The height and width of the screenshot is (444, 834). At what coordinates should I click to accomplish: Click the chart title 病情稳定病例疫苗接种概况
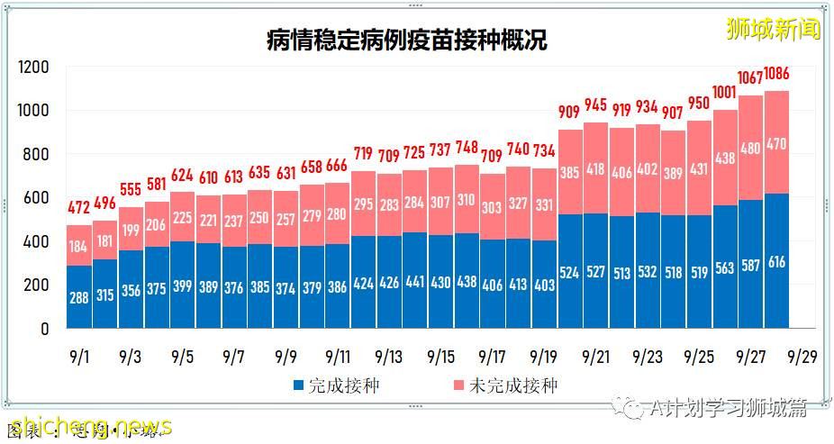pyautogui.click(x=406, y=40)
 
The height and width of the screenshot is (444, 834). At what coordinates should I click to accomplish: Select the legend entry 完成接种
pyautogui.click(x=336, y=385)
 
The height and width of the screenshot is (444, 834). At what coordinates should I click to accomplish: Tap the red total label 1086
pyautogui.click(x=776, y=74)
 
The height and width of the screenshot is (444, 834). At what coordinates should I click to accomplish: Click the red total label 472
pyautogui.click(x=79, y=209)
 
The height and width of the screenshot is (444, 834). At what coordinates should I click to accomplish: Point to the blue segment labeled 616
pyautogui.click(x=776, y=261)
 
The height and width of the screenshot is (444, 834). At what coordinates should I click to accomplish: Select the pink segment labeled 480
pyautogui.click(x=750, y=148)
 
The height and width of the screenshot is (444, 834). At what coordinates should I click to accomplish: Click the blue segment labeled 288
pyautogui.click(x=79, y=296)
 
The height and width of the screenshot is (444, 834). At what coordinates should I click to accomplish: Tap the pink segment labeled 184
pyautogui.click(x=79, y=246)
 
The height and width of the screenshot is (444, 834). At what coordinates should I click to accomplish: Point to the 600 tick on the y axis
pyautogui.click(x=37, y=198)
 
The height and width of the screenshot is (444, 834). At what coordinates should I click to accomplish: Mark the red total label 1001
pyautogui.click(x=724, y=92)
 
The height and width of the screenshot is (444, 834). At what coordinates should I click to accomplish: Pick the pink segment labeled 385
pyautogui.click(x=570, y=172)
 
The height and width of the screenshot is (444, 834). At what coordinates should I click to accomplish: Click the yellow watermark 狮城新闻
pyautogui.click(x=774, y=29)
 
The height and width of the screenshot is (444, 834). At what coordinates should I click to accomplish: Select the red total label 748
pyautogui.click(x=467, y=148)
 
